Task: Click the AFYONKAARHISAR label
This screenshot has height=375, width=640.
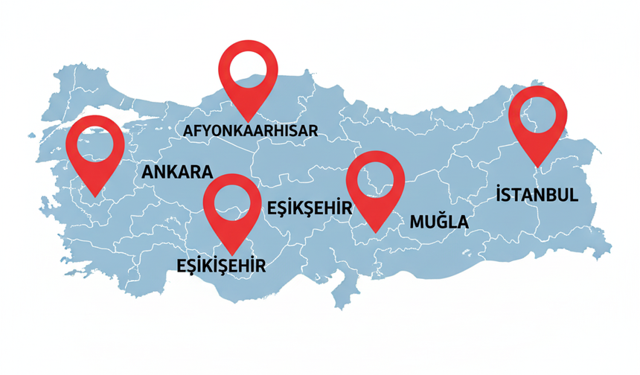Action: [x=251, y=132]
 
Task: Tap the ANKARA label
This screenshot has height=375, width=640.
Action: [x=177, y=172]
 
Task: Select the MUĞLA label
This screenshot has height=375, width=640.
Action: [x=439, y=221]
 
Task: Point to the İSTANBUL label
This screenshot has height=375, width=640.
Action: [x=537, y=195]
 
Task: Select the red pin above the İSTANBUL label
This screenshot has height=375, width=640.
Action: [x=539, y=119]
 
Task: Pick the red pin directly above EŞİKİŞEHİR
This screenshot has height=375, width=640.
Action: [x=231, y=207]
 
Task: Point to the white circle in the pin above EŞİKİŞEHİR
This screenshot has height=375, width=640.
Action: [x=231, y=201]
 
